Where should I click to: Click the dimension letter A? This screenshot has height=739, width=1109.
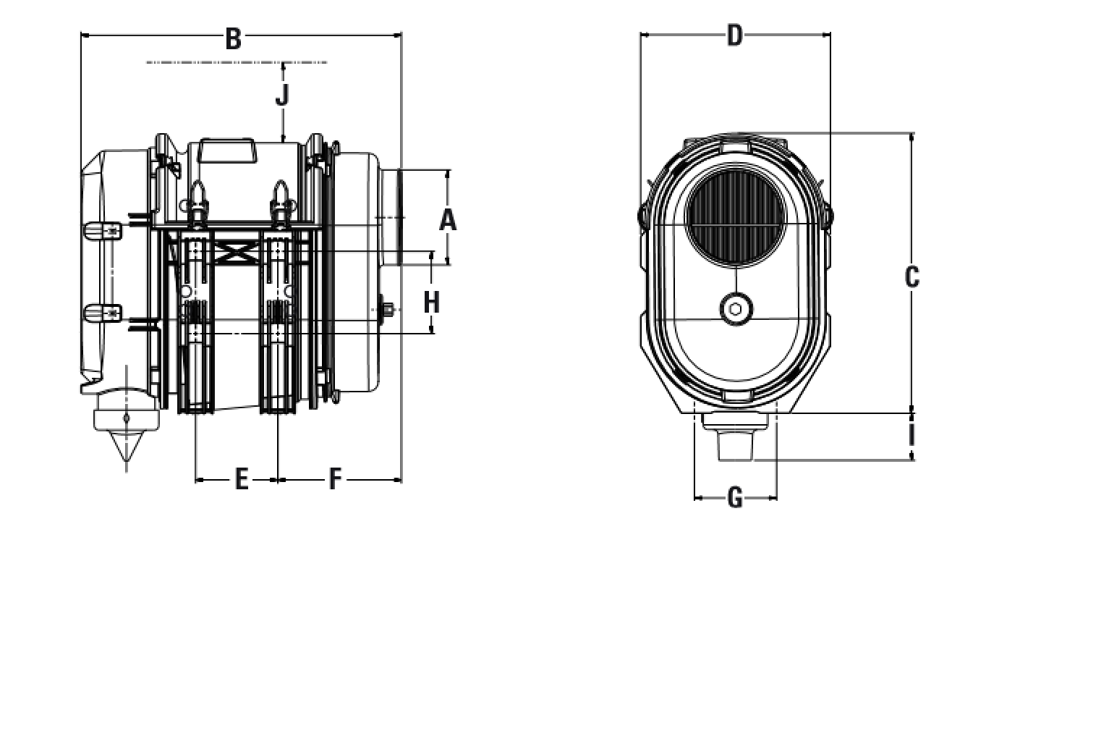pyautogui.click(x=448, y=219)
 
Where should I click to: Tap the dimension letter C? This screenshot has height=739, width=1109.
pyautogui.click(x=912, y=277)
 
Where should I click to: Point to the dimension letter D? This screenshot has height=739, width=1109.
pyautogui.click(x=734, y=35)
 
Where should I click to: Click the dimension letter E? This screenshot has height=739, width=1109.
pyautogui.click(x=242, y=479)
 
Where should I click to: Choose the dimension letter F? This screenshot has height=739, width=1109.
pyautogui.click(x=334, y=479)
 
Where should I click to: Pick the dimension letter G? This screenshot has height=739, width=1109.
pyautogui.click(x=734, y=498)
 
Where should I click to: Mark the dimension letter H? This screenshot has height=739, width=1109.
pyautogui.click(x=431, y=302)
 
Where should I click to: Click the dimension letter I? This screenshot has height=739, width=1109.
pyautogui.click(x=912, y=436)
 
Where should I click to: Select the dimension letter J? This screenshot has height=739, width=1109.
pyautogui.click(x=282, y=95)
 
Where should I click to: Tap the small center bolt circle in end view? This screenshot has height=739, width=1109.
pyautogui.click(x=736, y=309)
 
